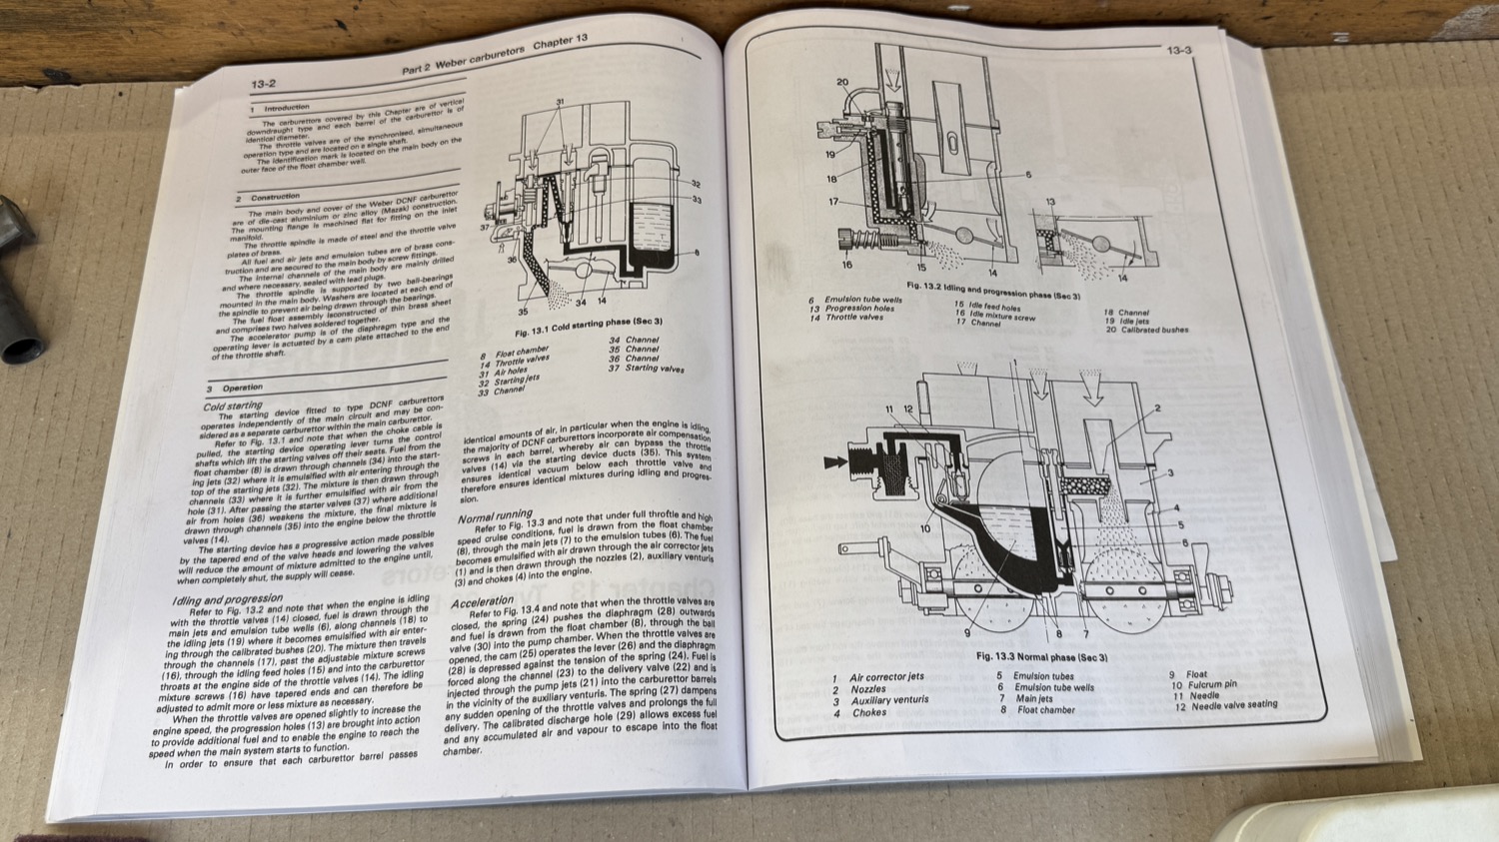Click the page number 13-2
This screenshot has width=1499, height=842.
[264, 85]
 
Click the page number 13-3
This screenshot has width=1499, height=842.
[1179, 50]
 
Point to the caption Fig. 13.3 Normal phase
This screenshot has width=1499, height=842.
[1041, 656]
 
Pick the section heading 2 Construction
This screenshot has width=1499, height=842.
[275, 197]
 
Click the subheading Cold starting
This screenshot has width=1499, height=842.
[233, 406]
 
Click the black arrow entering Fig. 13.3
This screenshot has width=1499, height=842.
[833, 462]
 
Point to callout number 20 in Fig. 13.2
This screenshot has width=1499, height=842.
[841, 83]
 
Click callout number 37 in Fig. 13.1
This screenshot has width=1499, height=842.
[486, 227]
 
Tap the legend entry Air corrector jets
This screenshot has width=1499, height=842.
[886, 676]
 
